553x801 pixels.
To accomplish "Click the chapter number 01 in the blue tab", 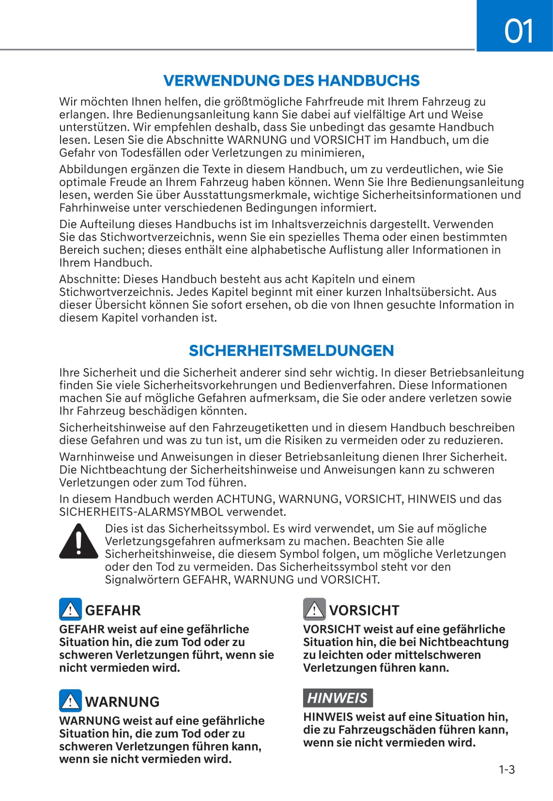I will point(519,31).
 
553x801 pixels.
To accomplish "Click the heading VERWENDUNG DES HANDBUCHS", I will point(291,80).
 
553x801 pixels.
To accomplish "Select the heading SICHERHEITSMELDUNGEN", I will point(291,350).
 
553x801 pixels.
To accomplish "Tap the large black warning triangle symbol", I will point(78,541).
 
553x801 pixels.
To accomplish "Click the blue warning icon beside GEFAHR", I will point(70,609).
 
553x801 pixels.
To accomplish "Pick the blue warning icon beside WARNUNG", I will point(70,700).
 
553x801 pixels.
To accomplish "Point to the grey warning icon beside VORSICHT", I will point(314,609).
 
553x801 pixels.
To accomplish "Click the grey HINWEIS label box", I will point(338,697).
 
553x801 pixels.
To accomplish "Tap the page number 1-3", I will point(507,770).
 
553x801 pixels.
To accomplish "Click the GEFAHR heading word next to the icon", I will point(113,610).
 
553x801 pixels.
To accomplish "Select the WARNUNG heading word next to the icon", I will point(122,702).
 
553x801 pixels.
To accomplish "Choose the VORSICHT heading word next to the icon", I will point(364,610).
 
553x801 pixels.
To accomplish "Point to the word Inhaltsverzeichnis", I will point(326,224).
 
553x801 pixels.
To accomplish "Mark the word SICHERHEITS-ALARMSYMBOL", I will point(141,512).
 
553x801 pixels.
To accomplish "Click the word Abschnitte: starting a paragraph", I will point(90,279).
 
